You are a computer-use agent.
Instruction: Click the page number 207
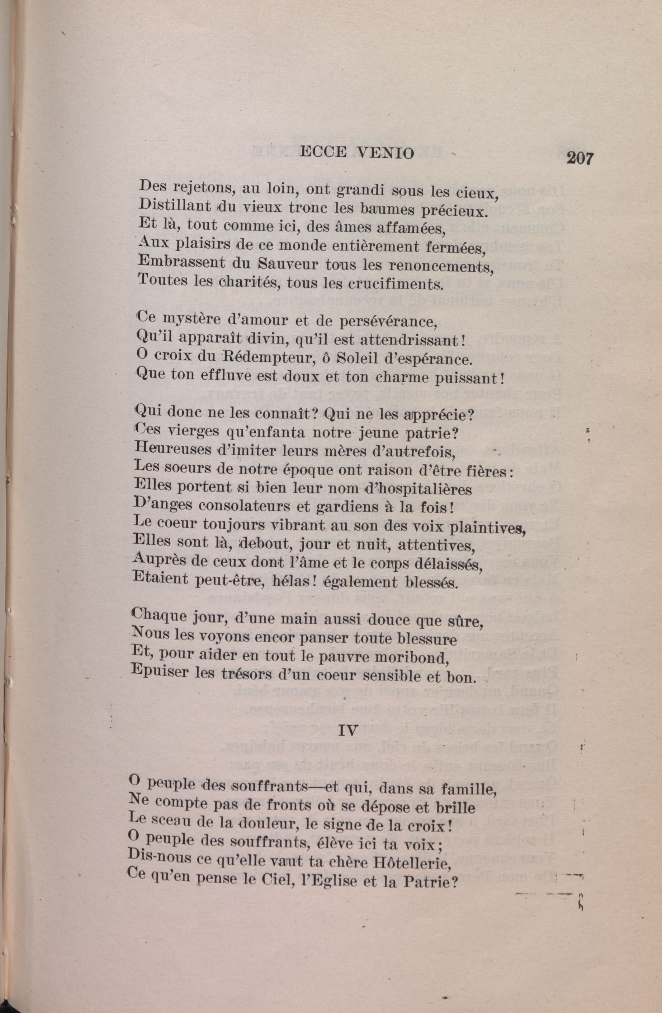[579, 159]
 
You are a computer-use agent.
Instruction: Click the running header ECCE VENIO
[356, 153]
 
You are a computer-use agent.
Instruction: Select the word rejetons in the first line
[199, 187]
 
